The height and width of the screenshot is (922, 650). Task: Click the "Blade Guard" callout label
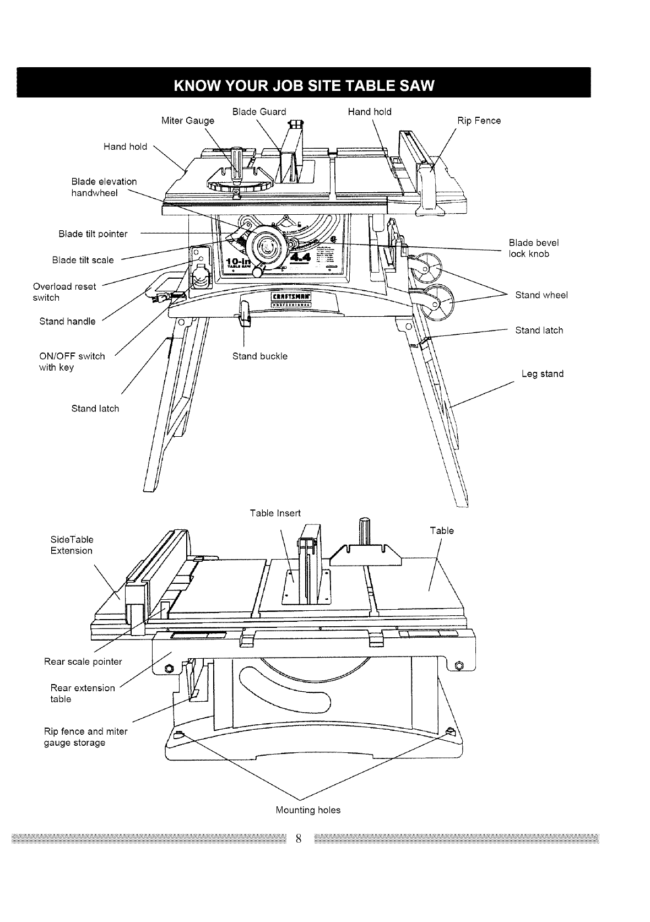(259, 112)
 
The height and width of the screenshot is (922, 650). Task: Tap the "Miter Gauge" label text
(188, 121)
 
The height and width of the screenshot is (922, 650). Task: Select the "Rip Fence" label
(479, 121)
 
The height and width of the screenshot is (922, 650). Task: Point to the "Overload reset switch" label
(64, 292)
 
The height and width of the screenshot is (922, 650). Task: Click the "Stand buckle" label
(259, 356)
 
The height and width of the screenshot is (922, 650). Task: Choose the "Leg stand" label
(542, 374)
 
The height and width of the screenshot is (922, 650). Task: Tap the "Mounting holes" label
(308, 810)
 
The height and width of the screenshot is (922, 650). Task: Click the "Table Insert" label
(275, 513)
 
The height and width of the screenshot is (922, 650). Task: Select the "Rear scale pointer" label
(83, 661)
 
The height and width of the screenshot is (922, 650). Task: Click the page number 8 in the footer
(298, 839)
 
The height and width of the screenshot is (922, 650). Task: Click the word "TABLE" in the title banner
(353, 86)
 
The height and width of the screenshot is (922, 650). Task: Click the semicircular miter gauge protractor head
(239, 182)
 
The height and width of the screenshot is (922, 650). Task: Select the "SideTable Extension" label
(72, 545)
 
